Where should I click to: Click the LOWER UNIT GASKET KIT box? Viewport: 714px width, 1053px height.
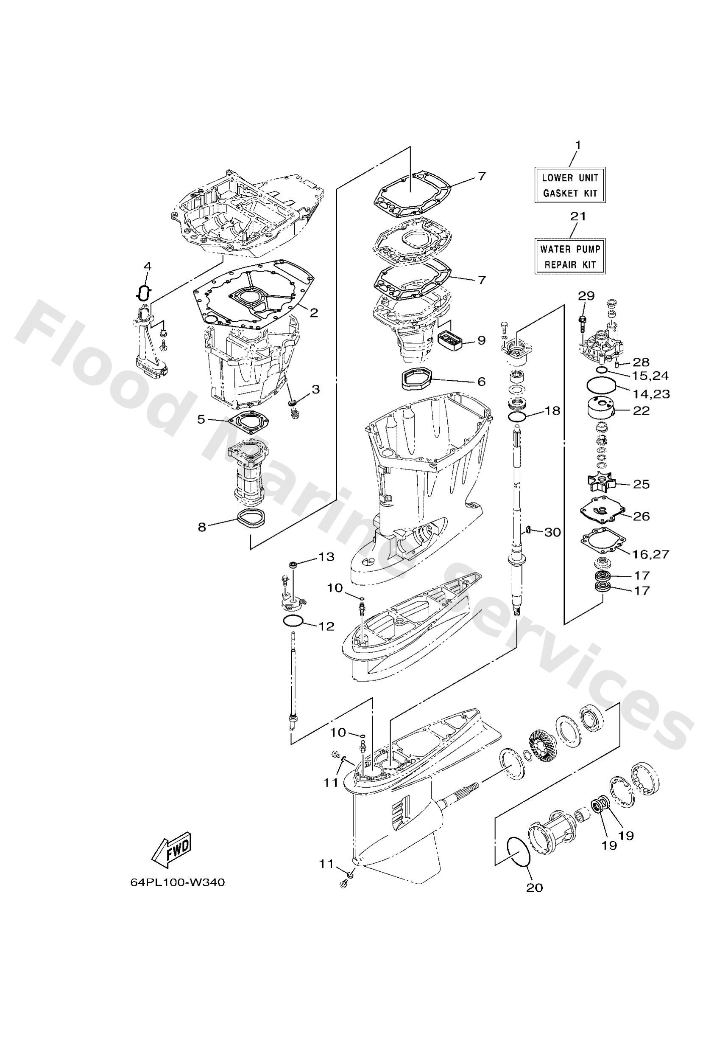(x=569, y=185)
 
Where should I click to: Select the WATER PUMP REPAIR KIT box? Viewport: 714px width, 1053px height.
(x=569, y=256)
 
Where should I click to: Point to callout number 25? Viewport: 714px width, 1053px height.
(x=641, y=484)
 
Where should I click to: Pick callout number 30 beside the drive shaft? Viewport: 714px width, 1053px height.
(x=552, y=532)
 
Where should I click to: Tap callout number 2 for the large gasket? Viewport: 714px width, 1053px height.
(x=314, y=313)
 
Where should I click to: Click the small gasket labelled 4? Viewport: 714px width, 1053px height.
(x=144, y=293)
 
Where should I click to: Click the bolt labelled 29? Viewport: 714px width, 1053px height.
(x=583, y=322)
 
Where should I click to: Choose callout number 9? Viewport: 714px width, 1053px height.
(x=481, y=340)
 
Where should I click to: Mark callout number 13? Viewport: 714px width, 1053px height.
(x=327, y=556)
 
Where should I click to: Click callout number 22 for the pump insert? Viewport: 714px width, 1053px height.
(x=641, y=410)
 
